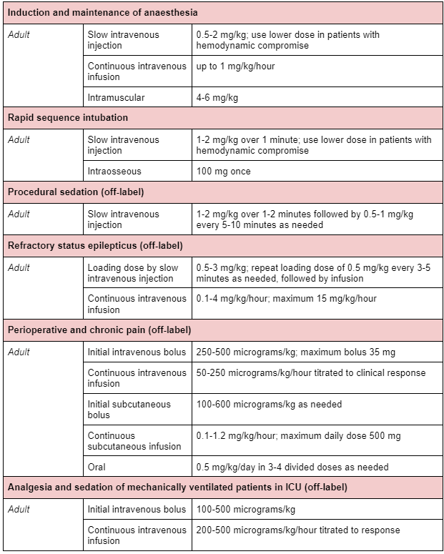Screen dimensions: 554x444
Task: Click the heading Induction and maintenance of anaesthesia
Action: pyautogui.click(x=103, y=13)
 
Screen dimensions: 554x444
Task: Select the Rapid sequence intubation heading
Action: pyautogui.click(x=68, y=117)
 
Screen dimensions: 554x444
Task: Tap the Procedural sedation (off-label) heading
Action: pyautogui.click(x=84, y=192)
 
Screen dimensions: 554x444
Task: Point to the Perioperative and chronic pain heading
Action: pyautogui.click(x=99, y=330)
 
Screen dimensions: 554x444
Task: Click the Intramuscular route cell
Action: pyautogui.click(x=116, y=97)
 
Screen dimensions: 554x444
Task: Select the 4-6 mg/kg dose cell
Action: pyautogui.click(x=217, y=97)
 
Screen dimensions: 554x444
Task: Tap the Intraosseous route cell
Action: pyautogui.click(x=114, y=172)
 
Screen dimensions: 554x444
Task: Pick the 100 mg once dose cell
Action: pyautogui.click(x=223, y=172)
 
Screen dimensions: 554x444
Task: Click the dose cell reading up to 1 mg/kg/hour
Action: pyautogui.click(x=235, y=66)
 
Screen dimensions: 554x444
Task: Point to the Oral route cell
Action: pyautogui.click(x=97, y=467)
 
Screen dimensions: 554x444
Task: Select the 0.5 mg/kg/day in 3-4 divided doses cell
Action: pyautogui.click(x=292, y=467)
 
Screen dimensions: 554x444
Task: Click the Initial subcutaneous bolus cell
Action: pyautogui.click(x=129, y=410)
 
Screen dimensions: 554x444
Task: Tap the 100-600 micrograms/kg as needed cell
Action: pyautogui.click(x=269, y=405)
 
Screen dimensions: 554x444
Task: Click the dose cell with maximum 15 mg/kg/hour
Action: pyautogui.click(x=286, y=299)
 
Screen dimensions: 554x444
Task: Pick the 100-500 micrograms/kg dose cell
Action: pyautogui.click(x=245, y=510)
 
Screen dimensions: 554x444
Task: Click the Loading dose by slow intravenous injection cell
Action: pyautogui.click(x=133, y=273)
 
